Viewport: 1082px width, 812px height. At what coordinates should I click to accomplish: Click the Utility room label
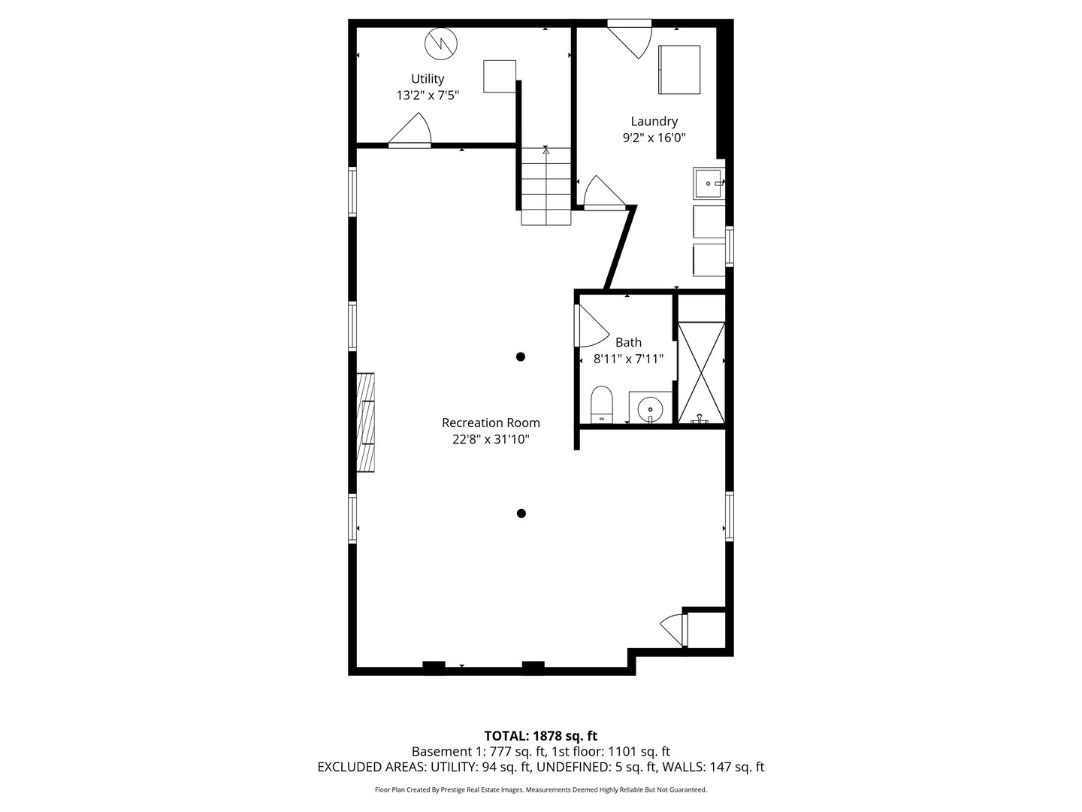pyautogui.click(x=428, y=79)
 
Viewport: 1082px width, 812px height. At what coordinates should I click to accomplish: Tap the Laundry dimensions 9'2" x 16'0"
pyautogui.click(x=654, y=138)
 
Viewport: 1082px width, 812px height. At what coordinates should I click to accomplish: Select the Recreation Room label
pyautogui.click(x=491, y=423)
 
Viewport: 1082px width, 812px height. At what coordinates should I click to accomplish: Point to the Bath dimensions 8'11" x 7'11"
pyautogui.click(x=628, y=359)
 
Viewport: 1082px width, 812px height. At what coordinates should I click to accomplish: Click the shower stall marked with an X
pyautogui.click(x=702, y=373)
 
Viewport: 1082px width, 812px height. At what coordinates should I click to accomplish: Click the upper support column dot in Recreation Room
pyautogui.click(x=520, y=356)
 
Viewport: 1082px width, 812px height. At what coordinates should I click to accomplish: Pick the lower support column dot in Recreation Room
pyautogui.click(x=521, y=514)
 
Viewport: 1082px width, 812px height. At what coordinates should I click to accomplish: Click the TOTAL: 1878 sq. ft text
pyautogui.click(x=540, y=735)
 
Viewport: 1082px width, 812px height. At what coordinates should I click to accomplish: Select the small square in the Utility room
pyautogui.click(x=500, y=76)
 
